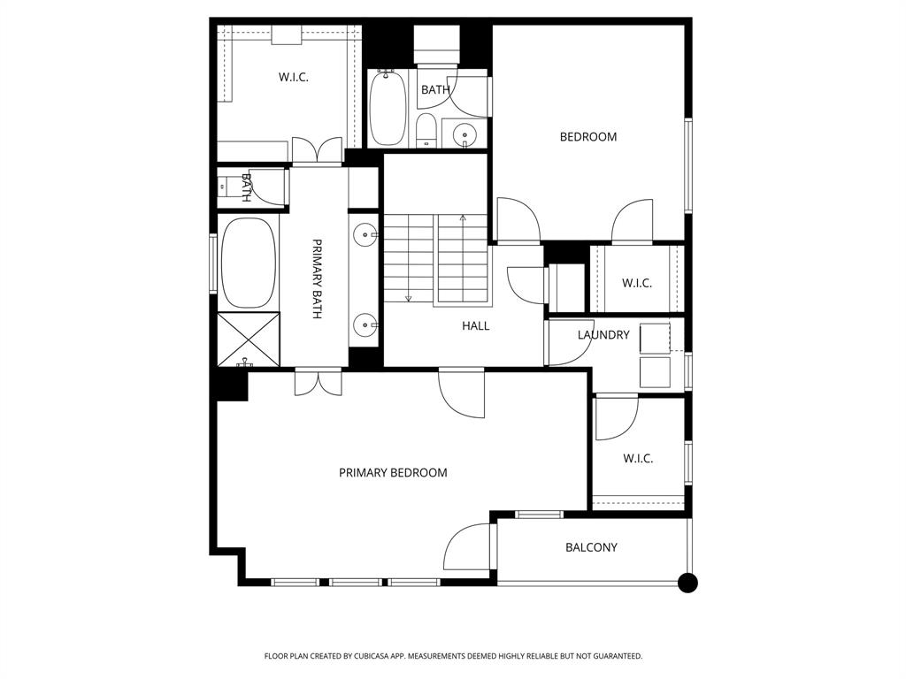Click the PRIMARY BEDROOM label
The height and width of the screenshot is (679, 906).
tap(393, 473)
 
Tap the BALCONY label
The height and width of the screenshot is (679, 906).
tap(591, 547)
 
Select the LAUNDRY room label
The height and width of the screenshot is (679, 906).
tap(603, 335)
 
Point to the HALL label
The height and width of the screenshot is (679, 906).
tap(475, 326)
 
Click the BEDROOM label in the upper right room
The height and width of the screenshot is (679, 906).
tap(588, 137)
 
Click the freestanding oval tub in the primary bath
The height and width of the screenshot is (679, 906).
tap(249, 263)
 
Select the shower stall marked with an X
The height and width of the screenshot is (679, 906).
tap(249, 339)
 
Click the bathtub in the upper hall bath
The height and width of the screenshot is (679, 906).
tap(387, 109)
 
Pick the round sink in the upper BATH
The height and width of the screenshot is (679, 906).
tap(465, 135)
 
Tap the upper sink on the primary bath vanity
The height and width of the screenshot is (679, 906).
tap(365, 235)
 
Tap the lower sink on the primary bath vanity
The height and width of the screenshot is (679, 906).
tap(365, 326)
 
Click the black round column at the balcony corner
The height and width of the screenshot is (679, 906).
tap(687, 583)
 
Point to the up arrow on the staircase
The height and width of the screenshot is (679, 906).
tap(462, 217)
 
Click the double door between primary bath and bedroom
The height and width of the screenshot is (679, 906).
tap(318, 382)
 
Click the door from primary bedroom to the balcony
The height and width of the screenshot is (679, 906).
tap(469, 548)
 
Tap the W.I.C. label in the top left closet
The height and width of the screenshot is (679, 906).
tap(293, 78)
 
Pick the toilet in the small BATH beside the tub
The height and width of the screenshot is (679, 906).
tap(426, 131)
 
